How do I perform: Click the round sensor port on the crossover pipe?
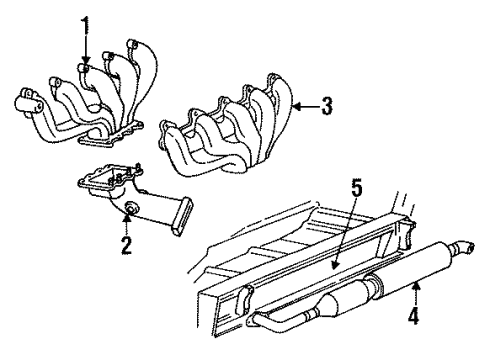[x=129, y=208]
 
